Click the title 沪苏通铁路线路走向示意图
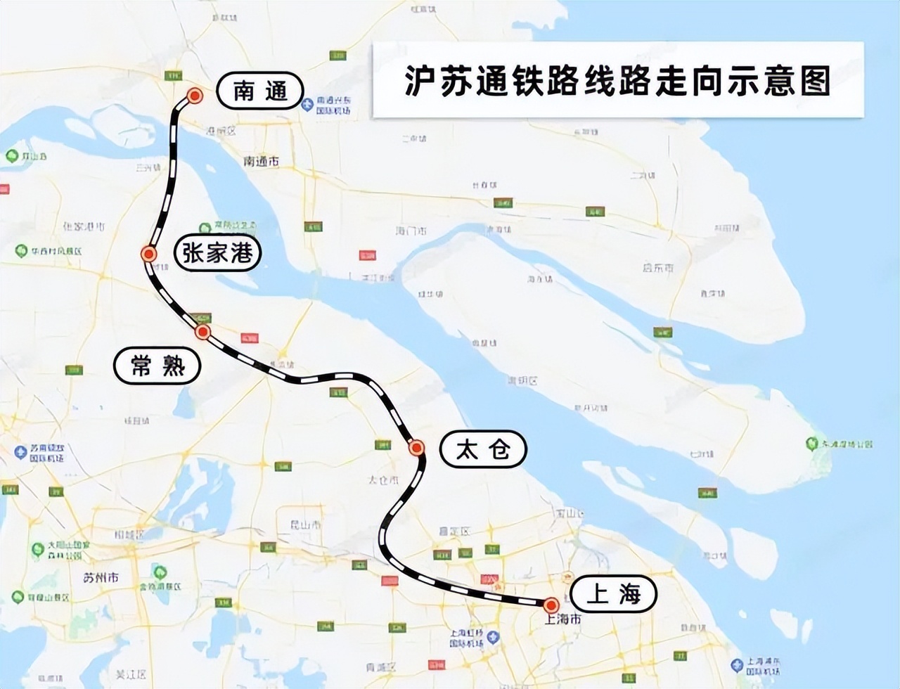point(617,80)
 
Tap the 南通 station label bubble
point(260,91)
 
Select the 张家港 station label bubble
point(217,252)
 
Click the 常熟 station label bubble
point(157,365)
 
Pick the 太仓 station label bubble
point(482,449)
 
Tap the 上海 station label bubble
point(613,594)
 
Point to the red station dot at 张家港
point(148,254)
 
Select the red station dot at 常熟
point(202,332)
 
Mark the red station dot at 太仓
point(416,448)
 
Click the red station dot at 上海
point(551,605)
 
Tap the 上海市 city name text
point(563,619)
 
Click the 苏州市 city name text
point(101,578)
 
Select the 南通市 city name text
point(261,161)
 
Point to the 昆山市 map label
point(306,524)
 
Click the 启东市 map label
point(657,268)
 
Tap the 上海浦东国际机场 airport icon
point(736,664)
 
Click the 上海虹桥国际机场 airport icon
point(493,638)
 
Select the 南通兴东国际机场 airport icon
point(307,105)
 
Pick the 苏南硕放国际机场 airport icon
point(21,452)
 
